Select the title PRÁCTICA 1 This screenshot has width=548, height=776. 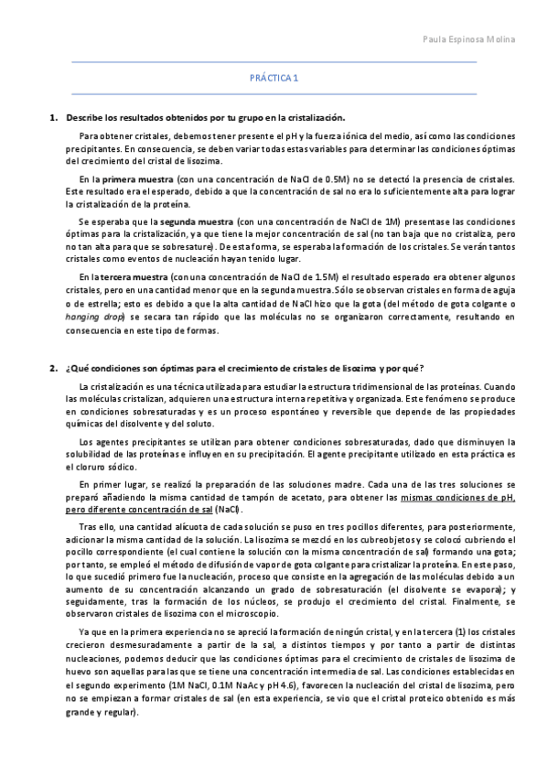click(x=274, y=79)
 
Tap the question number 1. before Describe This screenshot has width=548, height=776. click(x=53, y=118)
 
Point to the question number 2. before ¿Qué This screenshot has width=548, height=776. click(x=53, y=368)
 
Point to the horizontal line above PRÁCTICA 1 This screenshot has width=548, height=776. click(x=274, y=62)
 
